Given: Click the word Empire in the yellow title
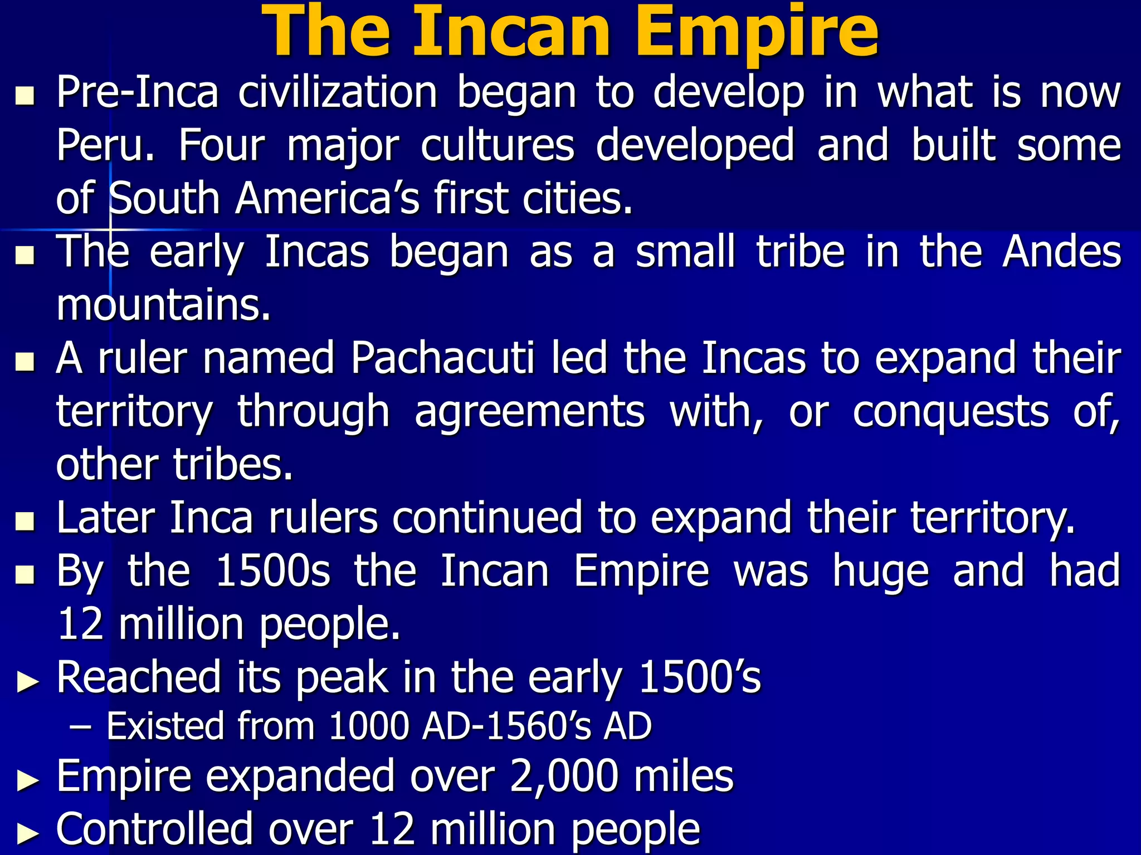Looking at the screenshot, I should click(756, 32).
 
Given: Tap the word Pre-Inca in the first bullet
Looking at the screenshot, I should click(137, 92).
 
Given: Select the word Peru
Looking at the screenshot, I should click(105, 145).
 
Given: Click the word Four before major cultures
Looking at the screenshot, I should click(222, 145).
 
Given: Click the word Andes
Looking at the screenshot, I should click(1061, 252).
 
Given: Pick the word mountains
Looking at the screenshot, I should click(163, 305).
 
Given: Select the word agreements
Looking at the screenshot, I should click(530, 412).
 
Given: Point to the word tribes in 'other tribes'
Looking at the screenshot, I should click(233, 464).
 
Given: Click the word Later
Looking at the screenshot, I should click(105, 518).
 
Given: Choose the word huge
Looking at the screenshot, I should click(881, 571).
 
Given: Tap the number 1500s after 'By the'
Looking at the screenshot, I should click(272, 571).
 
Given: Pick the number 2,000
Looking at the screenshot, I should click(564, 777).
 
